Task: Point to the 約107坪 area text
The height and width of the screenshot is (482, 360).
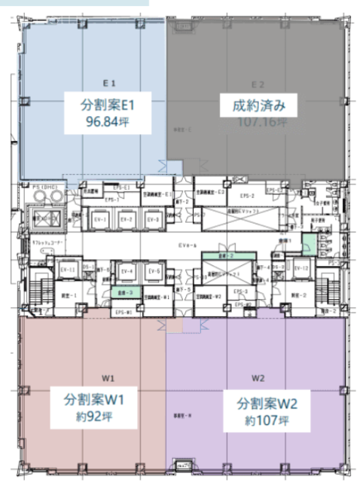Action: [x=265, y=420]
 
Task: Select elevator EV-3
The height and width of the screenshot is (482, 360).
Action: [x=153, y=220]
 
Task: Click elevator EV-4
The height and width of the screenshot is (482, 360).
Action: [x=127, y=271]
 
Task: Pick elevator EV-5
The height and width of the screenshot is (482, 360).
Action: [x=153, y=271]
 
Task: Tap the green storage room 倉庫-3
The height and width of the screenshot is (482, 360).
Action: [x=121, y=292]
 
